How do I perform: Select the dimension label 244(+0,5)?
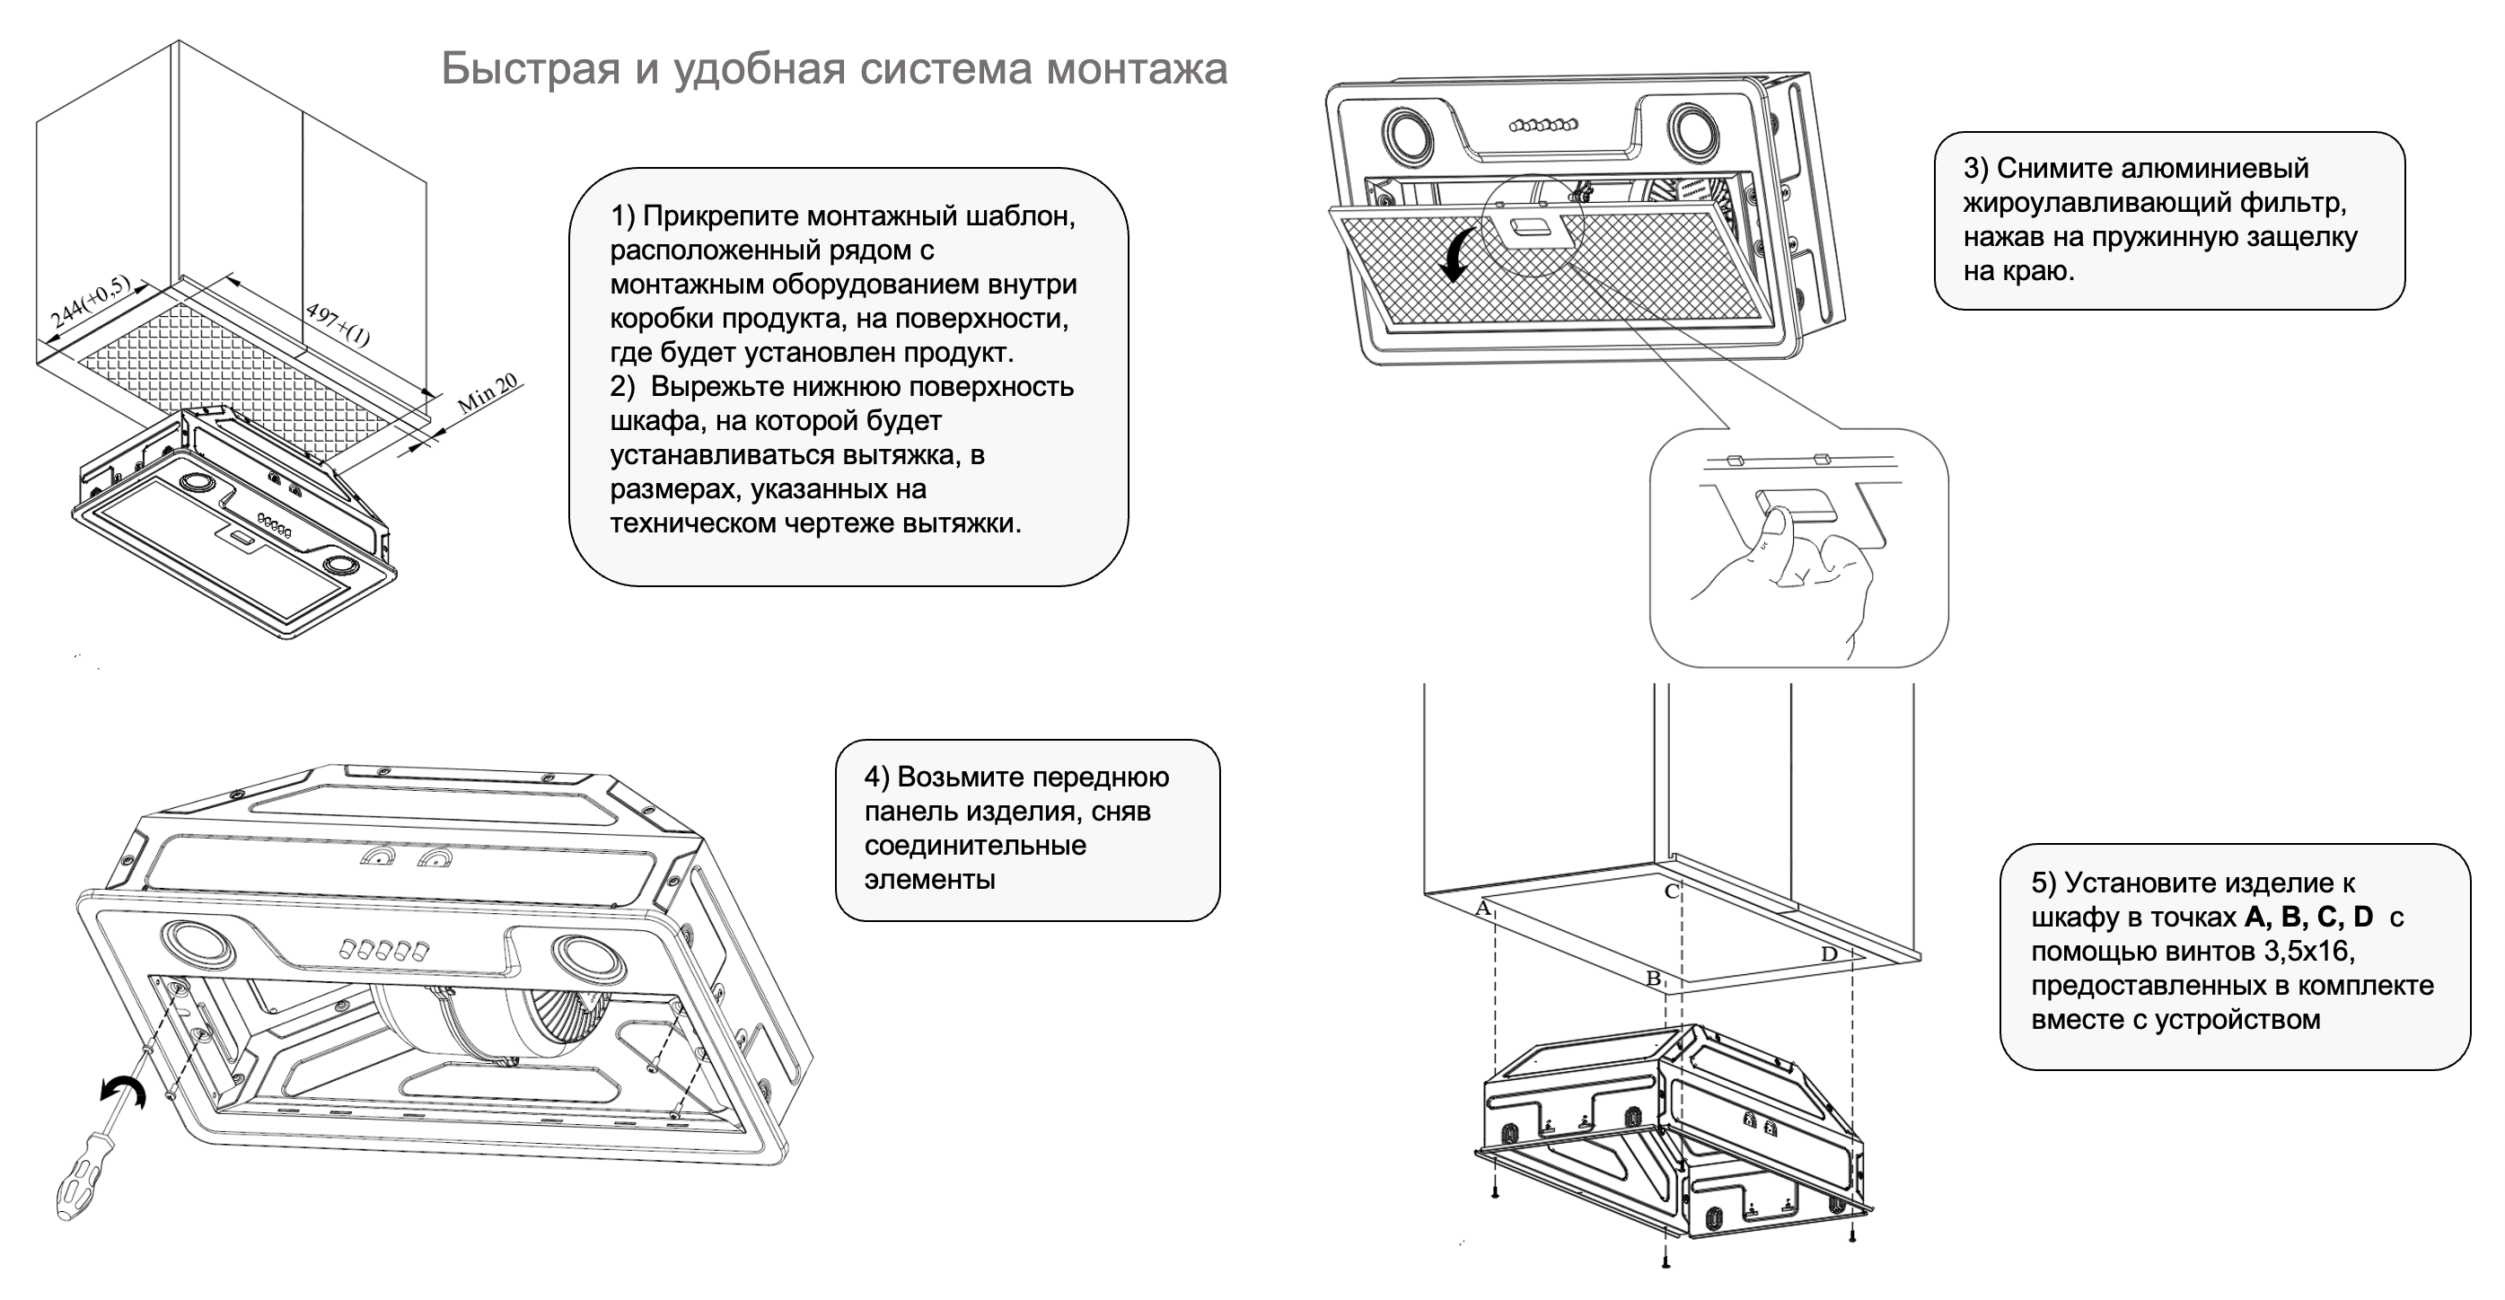pyautogui.click(x=90, y=302)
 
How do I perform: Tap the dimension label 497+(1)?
pyautogui.click(x=338, y=325)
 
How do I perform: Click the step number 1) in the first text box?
pyautogui.click(x=622, y=215)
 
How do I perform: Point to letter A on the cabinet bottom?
pyautogui.click(x=1483, y=909)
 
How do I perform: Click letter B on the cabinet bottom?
pyautogui.click(x=1652, y=979)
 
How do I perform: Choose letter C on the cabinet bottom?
pyautogui.click(x=1672, y=891)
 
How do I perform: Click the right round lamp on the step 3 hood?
pyautogui.click(x=1695, y=131)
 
